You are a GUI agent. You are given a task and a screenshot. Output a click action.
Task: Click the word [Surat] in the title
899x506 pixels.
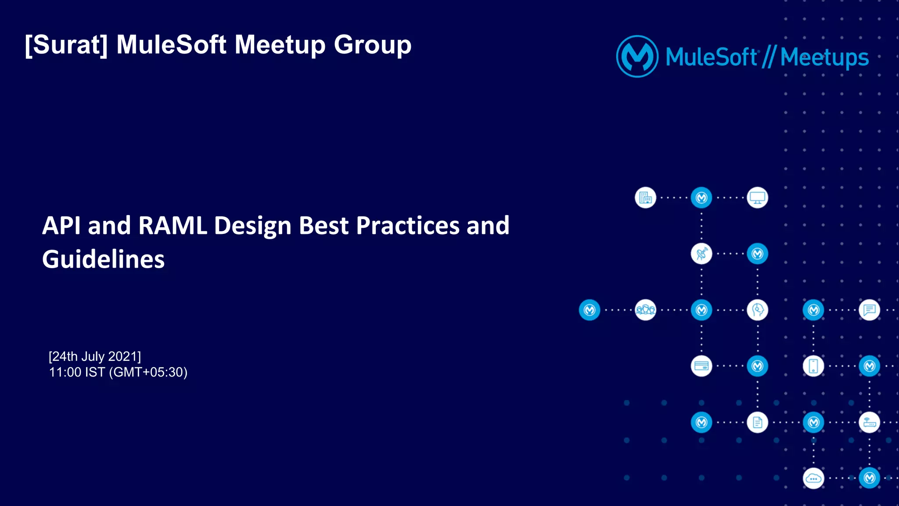tap(66, 45)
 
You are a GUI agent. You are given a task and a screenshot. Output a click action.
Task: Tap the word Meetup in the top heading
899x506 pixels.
tap(280, 45)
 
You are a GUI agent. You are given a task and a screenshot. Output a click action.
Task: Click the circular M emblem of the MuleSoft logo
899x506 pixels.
tap(637, 57)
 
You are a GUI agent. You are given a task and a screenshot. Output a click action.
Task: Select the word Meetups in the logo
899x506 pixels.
tap(824, 57)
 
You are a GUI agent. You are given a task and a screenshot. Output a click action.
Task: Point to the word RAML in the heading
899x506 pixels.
tap(173, 226)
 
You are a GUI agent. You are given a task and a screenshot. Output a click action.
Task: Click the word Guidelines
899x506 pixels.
tap(104, 259)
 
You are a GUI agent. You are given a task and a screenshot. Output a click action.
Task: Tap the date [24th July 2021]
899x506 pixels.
tap(95, 356)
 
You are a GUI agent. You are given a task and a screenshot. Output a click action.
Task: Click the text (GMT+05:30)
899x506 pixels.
tap(148, 372)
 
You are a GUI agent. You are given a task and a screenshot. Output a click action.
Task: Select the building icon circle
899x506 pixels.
tap(645, 198)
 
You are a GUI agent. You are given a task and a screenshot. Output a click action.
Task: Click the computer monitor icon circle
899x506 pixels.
tap(757, 198)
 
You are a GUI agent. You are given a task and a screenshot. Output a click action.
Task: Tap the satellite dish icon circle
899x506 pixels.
tap(701, 254)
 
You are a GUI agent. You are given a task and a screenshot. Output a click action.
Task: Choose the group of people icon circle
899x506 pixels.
tap(645, 310)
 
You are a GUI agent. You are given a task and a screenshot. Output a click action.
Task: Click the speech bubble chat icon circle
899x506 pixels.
tap(869, 310)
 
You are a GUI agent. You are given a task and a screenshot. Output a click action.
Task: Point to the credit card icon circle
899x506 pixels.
tap(701, 366)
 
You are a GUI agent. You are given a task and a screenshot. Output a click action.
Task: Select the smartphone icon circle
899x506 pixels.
tap(813, 366)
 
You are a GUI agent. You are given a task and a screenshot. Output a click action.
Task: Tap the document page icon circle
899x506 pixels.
tap(757, 422)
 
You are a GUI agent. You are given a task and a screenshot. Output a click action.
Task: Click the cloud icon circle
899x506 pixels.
tap(813, 478)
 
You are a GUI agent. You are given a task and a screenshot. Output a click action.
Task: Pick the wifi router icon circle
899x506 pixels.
tap(869, 422)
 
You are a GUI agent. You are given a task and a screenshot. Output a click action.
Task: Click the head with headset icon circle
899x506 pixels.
tap(757, 310)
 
